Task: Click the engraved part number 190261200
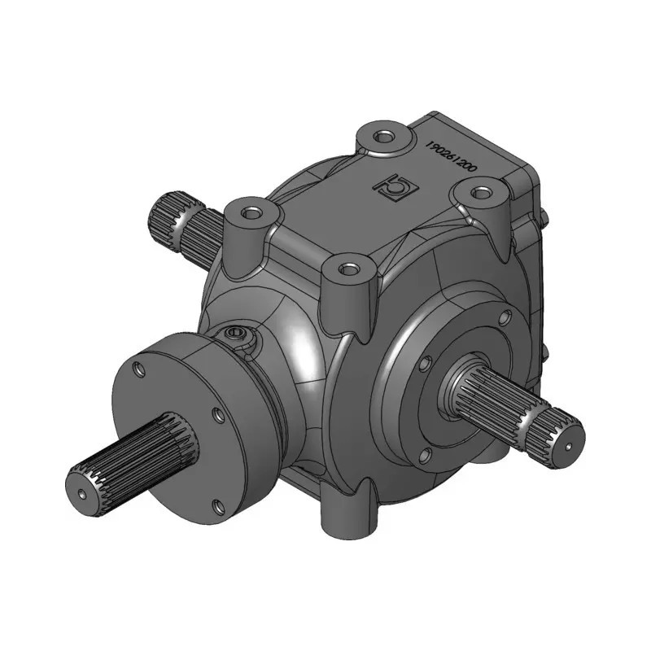coord(452,157)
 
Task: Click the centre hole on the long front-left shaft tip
coord(82,494)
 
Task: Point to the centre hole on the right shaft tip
coord(568,446)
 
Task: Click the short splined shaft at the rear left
coord(185,226)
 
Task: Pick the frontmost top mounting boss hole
coord(346,269)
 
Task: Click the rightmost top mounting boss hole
coord(480,193)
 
